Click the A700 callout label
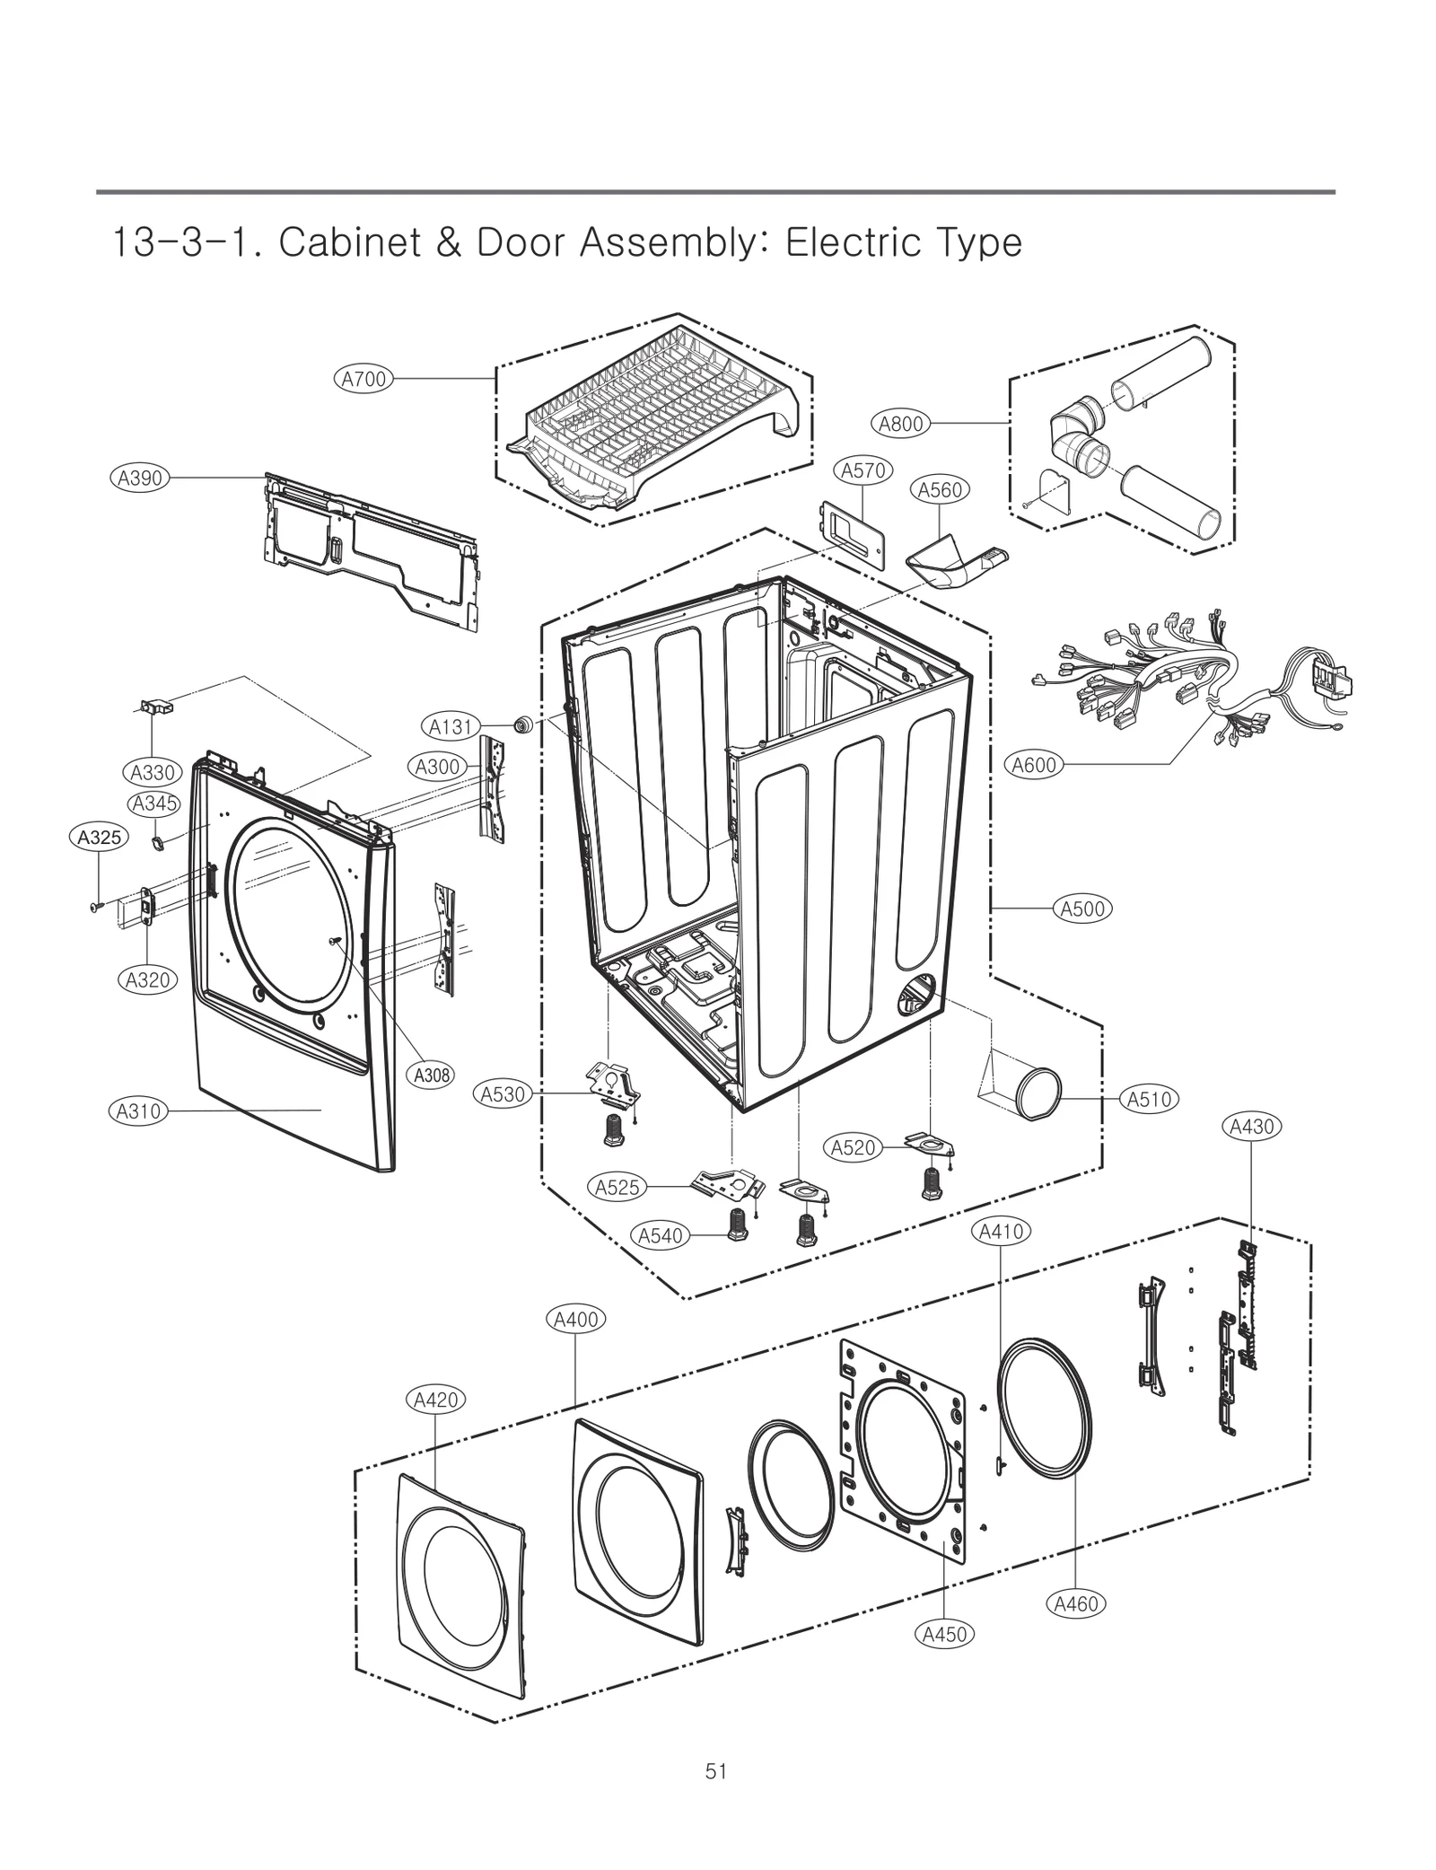pyautogui.click(x=363, y=379)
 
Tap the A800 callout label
pyautogui.click(x=900, y=424)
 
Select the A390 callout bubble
pyautogui.click(x=141, y=478)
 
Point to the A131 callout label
pyautogui.click(x=451, y=726)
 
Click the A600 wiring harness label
pyautogui.click(x=1034, y=765)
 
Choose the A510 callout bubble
pyautogui.click(x=1150, y=1099)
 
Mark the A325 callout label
pyautogui.click(x=99, y=838)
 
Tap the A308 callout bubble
pyautogui.click(x=432, y=1075)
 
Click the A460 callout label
pyautogui.click(x=1075, y=1603)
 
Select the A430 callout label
pyautogui.click(x=1252, y=1127)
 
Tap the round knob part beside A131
pyautogui.click(x=520, y=724)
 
